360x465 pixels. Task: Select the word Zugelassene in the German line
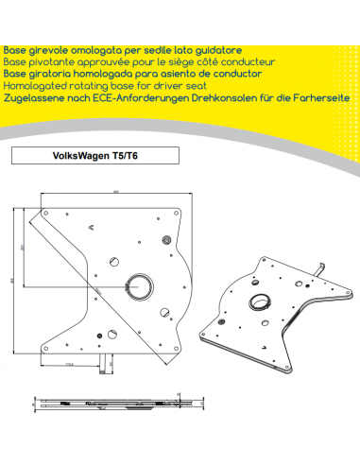point(31,96)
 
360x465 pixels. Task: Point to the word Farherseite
point(320,96)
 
